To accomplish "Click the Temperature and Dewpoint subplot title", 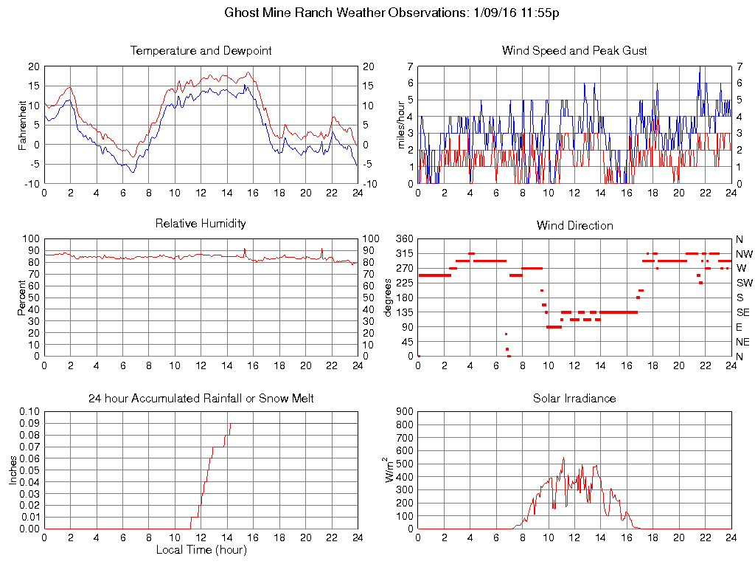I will pos(201,51).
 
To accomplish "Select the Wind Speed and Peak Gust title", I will pos(574,51).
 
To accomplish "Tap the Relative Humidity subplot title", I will pos(201,223).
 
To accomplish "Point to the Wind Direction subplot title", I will pos(574,225).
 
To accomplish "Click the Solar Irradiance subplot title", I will pos(574,399).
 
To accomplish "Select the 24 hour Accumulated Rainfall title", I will pos(201,399).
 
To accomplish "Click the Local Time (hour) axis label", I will pos(201,550).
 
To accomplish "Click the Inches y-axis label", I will pos(13,470).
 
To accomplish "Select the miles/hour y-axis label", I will pos(402,125).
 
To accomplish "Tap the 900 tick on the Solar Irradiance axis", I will pos(405,411).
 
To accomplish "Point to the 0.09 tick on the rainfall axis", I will pos(29,423).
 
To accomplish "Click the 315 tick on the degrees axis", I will pos(404,253).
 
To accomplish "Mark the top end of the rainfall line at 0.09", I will pos(231,423).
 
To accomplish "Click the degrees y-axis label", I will pos(389,298).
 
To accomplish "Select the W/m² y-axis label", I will pos(389,470).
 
